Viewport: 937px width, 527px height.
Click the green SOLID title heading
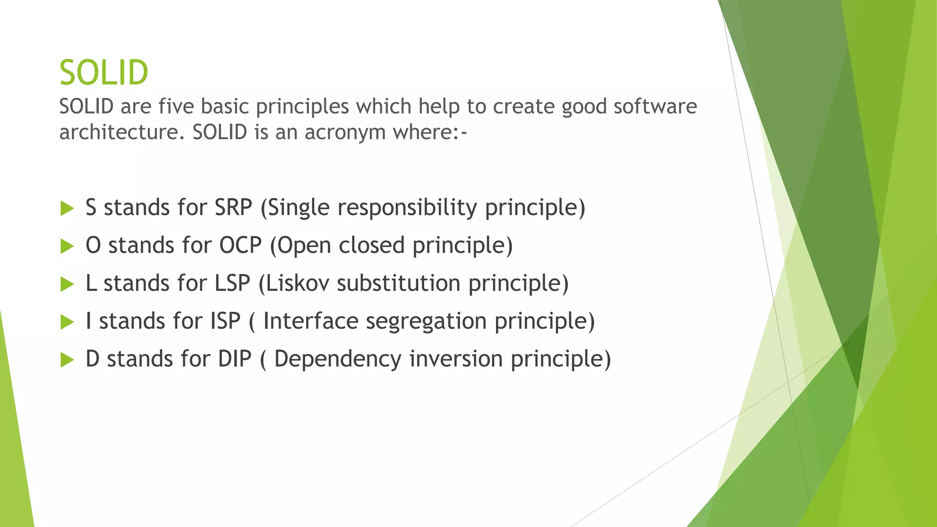pos(104,73)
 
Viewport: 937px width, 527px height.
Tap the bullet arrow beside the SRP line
pos(67,209)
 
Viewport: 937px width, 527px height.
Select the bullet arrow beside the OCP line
pos(67,247)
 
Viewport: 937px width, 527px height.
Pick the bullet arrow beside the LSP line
pos(67,285)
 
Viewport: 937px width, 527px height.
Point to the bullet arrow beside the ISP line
pos(67,322)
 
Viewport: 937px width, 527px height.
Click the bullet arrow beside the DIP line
pos(67,360)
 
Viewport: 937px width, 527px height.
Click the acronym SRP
pos(233,207)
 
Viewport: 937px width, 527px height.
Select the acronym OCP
pos(240,245)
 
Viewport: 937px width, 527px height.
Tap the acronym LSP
pos(232,283)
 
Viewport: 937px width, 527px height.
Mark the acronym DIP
pos(235,359)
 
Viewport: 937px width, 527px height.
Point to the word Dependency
pos(338,360)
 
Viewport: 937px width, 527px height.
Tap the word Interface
pos(311,321)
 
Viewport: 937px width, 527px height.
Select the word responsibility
pos(407,208)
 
